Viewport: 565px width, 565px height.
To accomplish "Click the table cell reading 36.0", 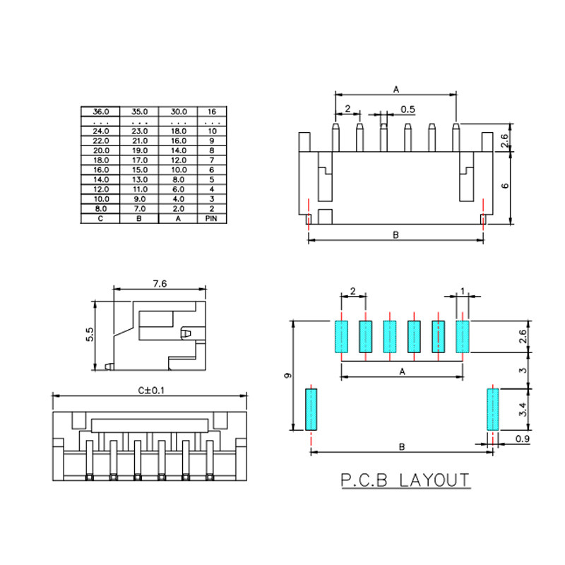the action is coord(100,112).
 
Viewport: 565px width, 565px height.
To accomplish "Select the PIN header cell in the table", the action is coord(211,219).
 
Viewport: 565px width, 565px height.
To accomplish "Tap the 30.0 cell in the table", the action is coord(179,112).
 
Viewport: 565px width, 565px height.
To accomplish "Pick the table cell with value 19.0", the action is coord(139,150).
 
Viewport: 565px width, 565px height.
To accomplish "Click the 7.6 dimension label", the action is coord(160,284).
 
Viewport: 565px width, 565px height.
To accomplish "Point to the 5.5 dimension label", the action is coord(90,334).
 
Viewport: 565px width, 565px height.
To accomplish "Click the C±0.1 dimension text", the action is coord(151,391).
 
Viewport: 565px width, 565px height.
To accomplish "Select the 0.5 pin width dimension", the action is coord(408,109).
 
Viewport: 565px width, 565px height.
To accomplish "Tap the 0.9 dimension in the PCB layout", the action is coord(522,439).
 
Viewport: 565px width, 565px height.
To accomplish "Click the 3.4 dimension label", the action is coord(523,410).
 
